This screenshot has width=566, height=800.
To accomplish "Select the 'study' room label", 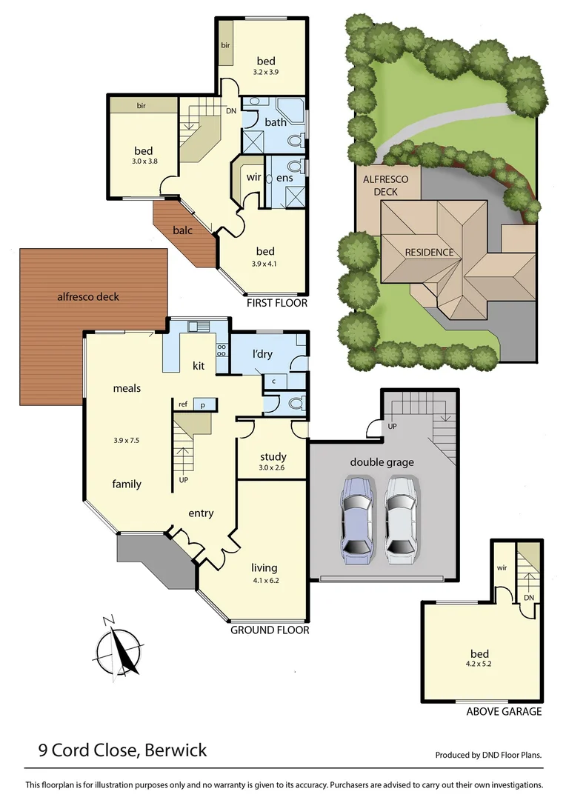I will pyautogui.click(x=273, y=457).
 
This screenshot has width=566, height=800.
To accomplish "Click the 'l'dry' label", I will pyautogui.click(x=262, y=354).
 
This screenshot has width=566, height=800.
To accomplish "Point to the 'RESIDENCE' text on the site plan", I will pyautogui.click(x=429, y=253).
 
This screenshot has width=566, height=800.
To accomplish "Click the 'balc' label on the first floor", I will pyautogui.click(x=182, y=230).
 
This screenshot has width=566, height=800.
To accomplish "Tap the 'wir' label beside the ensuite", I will pyautogui.click(x=253, y=178).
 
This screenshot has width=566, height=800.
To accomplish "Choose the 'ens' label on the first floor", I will pyautogui.click(x=284, y=178).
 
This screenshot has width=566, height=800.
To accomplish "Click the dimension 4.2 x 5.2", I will pyautogui.click(x=480, y=664).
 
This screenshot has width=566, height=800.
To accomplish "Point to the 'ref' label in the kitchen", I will pyautogui.click(x=182, y=404).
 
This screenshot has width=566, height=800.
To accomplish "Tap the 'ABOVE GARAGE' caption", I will pyautogui.click(x=504, y=712).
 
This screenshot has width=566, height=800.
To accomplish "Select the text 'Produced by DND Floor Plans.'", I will pyautogui.click(x=488, y=755).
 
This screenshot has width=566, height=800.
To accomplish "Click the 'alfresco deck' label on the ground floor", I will pyautogui.click(x=88, y=297).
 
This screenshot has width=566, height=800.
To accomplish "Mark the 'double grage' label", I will pyautogui.click(x=382, y=462).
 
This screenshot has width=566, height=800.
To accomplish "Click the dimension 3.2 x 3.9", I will pyautogui.click(x=265, y=73).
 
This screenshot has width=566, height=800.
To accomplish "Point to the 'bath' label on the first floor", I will pyautogui.click(x=276, y=122).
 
